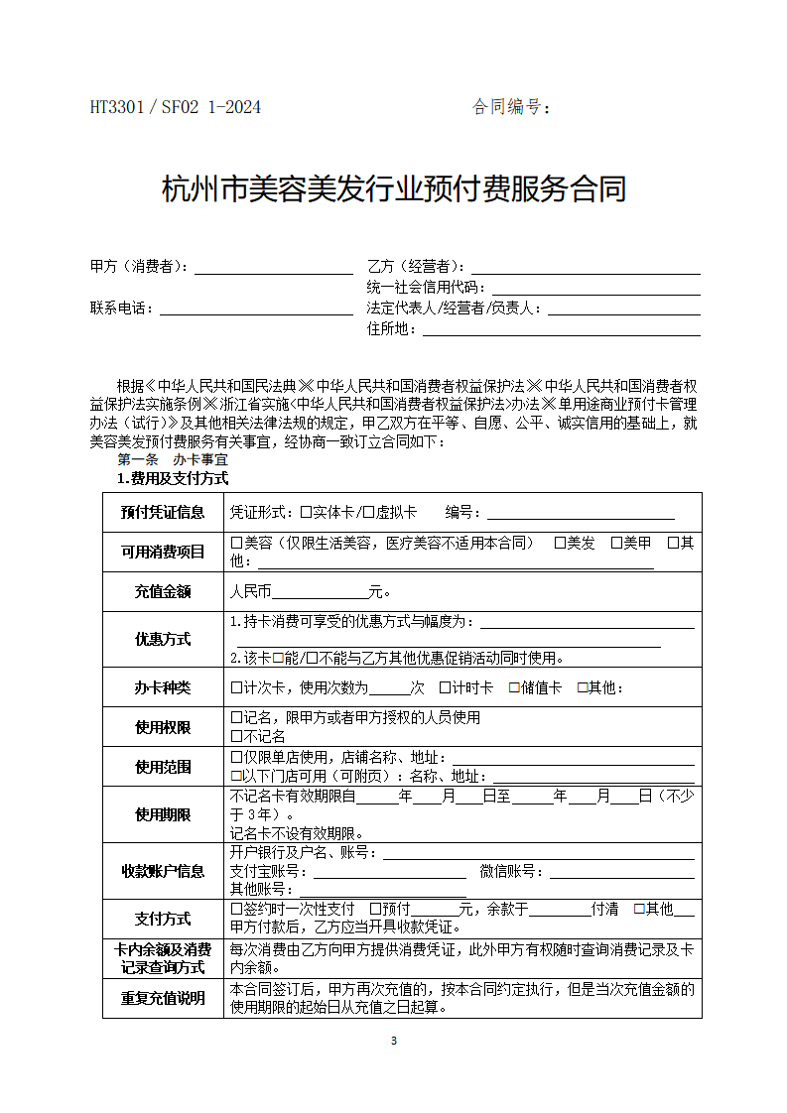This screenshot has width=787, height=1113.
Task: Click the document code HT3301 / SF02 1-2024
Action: (x=176, y=107)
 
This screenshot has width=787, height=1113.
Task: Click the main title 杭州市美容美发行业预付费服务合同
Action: (x=394, y=188)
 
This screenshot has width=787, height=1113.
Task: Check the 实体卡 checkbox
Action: (x=306, y=513)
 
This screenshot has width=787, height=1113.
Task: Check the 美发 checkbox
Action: (x=560, y=543)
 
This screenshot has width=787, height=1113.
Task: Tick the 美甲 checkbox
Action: (x=616, y=543)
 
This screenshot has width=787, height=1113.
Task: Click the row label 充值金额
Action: (x=163, y=592)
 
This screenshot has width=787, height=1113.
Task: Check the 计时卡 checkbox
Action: (x=445, y=687)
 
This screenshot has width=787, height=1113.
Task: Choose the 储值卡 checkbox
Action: (x=514, y=687)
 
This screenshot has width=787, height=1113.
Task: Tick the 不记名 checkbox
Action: (x=236, y=736)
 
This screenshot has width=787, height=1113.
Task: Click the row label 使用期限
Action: (x=163, y=814)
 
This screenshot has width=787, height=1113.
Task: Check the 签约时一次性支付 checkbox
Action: (x=236, y=909)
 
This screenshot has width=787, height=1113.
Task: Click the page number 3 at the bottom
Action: (x=394, y=1041)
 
